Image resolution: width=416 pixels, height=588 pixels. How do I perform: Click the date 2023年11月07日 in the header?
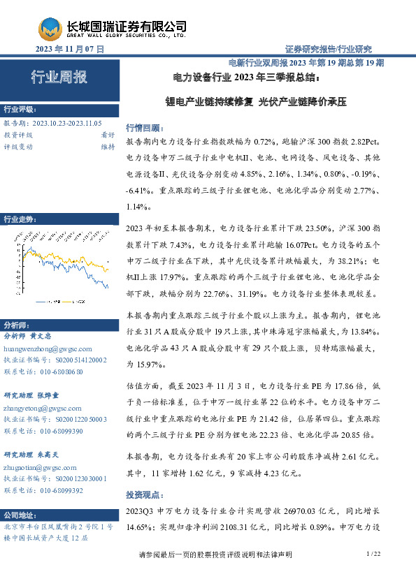coord(69,50)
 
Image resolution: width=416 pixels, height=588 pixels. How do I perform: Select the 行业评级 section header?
coord(19,110)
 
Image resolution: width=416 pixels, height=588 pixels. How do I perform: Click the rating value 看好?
coord(108,135)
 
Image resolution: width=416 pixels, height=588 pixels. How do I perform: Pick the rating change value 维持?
coord(108,147)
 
